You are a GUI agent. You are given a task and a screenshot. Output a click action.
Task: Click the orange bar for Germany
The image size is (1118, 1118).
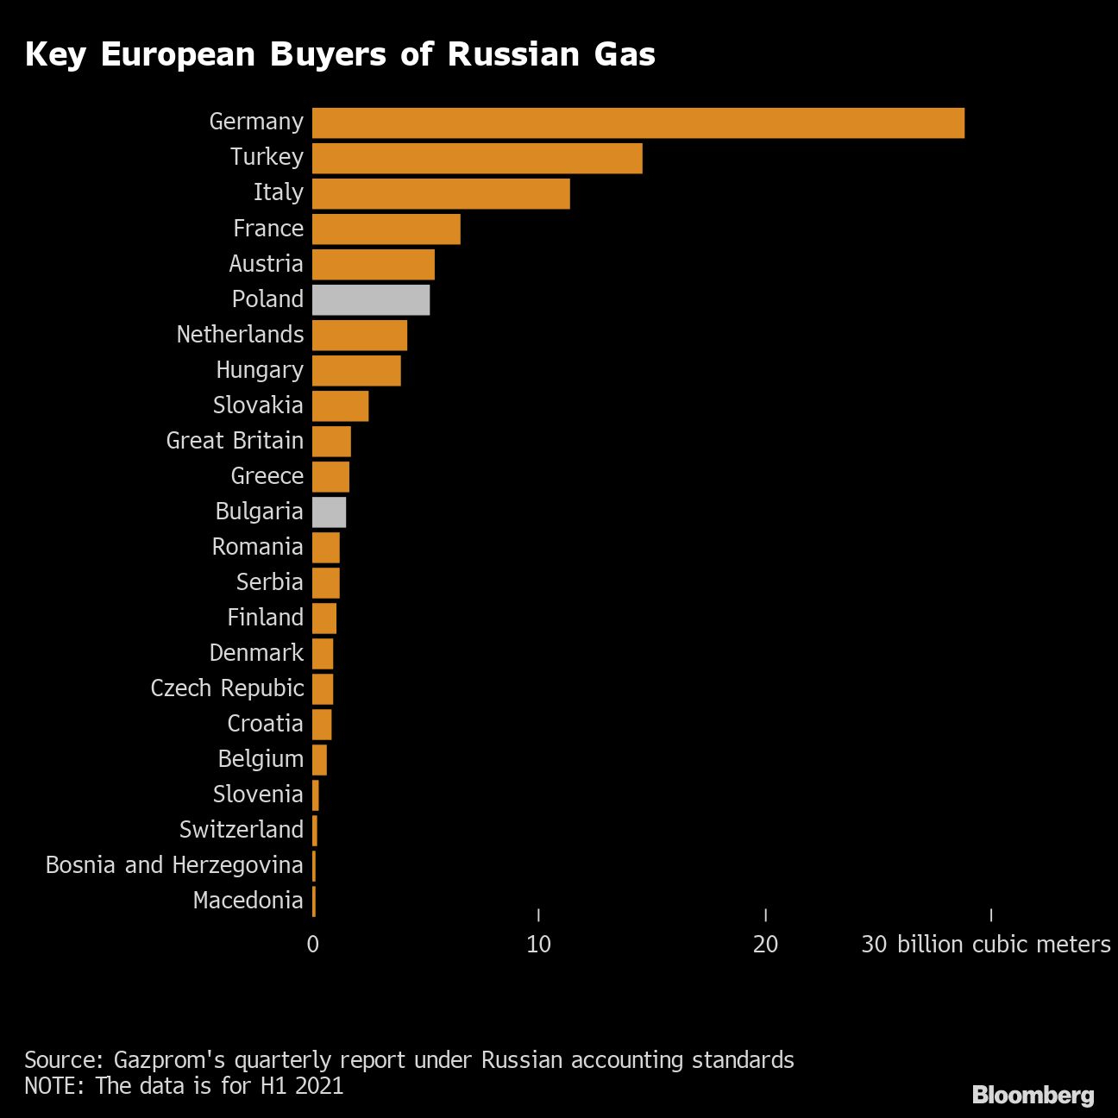click(638, 123)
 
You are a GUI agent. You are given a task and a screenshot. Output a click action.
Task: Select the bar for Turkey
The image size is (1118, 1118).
click(477, 159)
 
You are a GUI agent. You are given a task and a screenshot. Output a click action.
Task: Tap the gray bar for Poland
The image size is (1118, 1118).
click(371, 300)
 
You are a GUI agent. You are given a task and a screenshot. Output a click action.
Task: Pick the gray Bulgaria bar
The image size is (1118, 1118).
click(329, 512)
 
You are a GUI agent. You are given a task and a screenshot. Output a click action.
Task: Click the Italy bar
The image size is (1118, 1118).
click(441, 194)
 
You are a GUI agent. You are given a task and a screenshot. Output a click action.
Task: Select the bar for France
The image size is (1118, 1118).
click(386, 229)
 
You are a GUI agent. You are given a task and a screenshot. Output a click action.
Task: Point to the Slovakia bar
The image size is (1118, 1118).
click(340, 406)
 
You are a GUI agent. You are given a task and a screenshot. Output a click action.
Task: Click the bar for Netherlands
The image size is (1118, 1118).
click(359, 336)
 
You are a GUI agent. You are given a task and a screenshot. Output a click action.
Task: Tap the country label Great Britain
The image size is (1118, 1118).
click(235, 441)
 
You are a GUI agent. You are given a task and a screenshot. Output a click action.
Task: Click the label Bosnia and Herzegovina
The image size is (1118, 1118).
click(174, 865)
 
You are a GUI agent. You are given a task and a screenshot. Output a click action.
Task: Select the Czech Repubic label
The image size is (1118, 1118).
click(227, 688)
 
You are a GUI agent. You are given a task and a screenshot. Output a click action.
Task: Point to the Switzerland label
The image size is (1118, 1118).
click(241, 830)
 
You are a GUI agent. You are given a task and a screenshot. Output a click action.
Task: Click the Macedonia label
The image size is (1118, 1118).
click(248, 901)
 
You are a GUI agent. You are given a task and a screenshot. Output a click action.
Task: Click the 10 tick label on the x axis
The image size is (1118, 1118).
click(538, 945)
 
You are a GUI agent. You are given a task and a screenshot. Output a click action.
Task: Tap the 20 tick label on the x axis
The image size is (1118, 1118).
click(765, 945)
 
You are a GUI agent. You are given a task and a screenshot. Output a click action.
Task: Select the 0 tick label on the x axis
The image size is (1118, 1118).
click(312, 945)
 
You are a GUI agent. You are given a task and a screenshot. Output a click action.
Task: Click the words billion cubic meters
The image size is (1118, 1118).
click(1003, 945)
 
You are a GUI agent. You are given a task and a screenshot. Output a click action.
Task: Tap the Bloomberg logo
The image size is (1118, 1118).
click(1033, 1095)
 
